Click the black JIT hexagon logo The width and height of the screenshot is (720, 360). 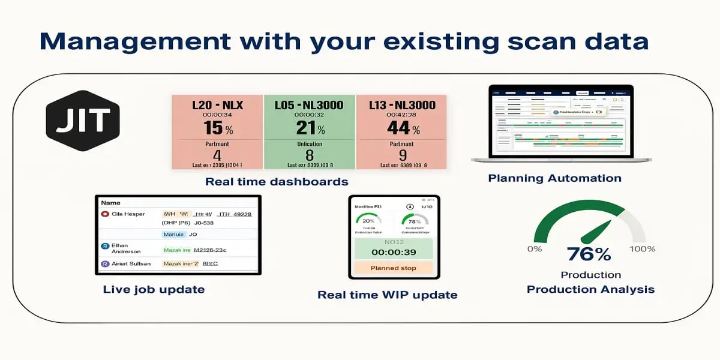click(x=83, y=120)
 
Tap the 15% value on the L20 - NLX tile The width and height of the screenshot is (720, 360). click(x=217, y=128)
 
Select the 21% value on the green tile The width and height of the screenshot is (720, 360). click(x=310, y=128)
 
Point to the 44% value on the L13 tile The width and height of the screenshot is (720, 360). click(x=401, y=128)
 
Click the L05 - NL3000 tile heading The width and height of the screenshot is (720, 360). click(x=310, y=105)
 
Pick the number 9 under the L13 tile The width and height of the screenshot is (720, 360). click(x=401, y=155)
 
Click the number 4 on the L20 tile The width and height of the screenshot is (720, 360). click(x=217, y=155)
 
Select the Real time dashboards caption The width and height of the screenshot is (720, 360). click(x=277, y=181)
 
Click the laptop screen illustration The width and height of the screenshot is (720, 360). click(x=560, y=121)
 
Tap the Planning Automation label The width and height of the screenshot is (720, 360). click(x=554, y=178)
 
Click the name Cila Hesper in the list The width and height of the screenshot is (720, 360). click(x=128, y=214)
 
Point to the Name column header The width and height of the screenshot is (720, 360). click(x=111, y=203)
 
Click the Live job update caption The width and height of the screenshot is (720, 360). click(x=154, y=289)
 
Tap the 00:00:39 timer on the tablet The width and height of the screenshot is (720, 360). click(x=393, y=253)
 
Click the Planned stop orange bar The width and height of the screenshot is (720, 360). click(x=393, y=268)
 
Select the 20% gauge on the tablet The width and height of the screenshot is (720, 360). click(x=368, y=221)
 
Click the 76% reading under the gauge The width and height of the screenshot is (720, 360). click(x=589, y=254)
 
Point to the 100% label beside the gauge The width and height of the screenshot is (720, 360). click(x=642, y=249)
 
